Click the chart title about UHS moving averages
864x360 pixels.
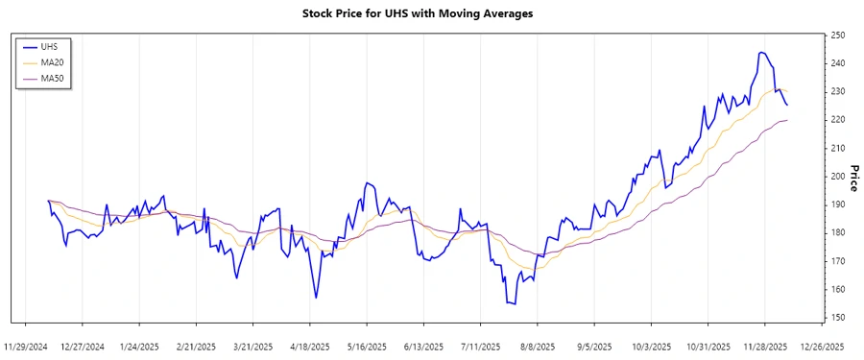tap(432, 13)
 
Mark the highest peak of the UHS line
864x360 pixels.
tap(761, 52)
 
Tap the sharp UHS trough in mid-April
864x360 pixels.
tap(316, 298)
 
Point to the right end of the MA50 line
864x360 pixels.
tap(788, 120)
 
